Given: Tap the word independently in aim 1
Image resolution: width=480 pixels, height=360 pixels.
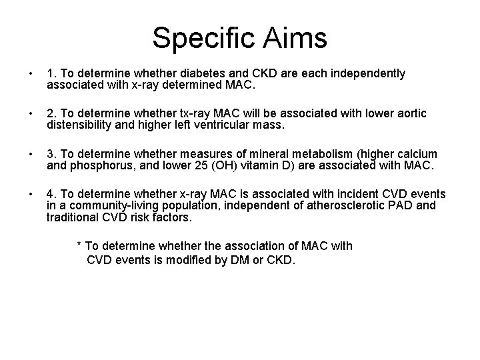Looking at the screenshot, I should pyautogui.click(x=368, y=73).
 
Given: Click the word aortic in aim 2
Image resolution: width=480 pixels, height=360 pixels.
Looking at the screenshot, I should pyautogui.click(x=407, y=113).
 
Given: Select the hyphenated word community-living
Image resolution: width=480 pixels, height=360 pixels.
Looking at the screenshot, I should pyautogui.click(x=106, y=205).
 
